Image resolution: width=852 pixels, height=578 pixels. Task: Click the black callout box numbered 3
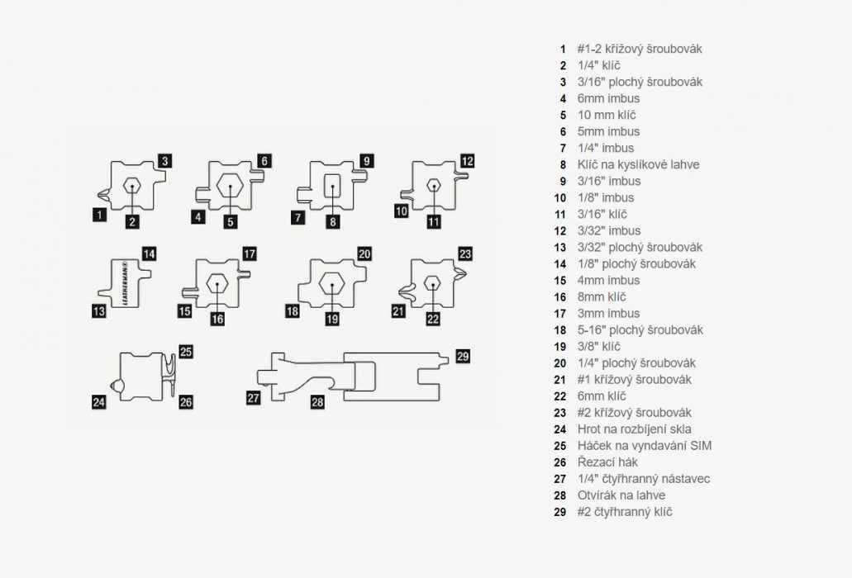coord(165,161)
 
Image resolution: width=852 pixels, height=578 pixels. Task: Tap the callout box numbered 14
coord(149,253)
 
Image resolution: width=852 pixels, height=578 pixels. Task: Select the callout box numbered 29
coord(463,356)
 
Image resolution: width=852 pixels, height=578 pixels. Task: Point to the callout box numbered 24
coord(99,403)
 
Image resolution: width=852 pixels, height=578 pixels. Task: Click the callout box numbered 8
coord(332,221)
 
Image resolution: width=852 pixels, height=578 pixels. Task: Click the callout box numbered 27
coord(254,398)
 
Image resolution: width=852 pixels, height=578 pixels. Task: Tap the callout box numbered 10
coord(402,211)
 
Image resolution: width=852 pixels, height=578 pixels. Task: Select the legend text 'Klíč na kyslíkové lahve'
coord(638,164)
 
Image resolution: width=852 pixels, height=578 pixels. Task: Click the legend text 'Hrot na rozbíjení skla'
coord(634,429)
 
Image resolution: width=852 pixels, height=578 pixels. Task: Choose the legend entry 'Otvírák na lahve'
coord(621,495)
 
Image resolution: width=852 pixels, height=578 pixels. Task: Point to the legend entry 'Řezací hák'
coord(607,462)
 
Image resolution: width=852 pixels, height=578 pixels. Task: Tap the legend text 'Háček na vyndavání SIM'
coord(645,445)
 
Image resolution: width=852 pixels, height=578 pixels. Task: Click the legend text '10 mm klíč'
coord(607,115)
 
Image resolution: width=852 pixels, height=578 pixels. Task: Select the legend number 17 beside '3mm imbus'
coord(562,313)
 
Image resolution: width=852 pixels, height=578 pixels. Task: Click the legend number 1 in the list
coord(563,49)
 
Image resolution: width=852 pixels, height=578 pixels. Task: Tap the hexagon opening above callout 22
coord(432,282)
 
